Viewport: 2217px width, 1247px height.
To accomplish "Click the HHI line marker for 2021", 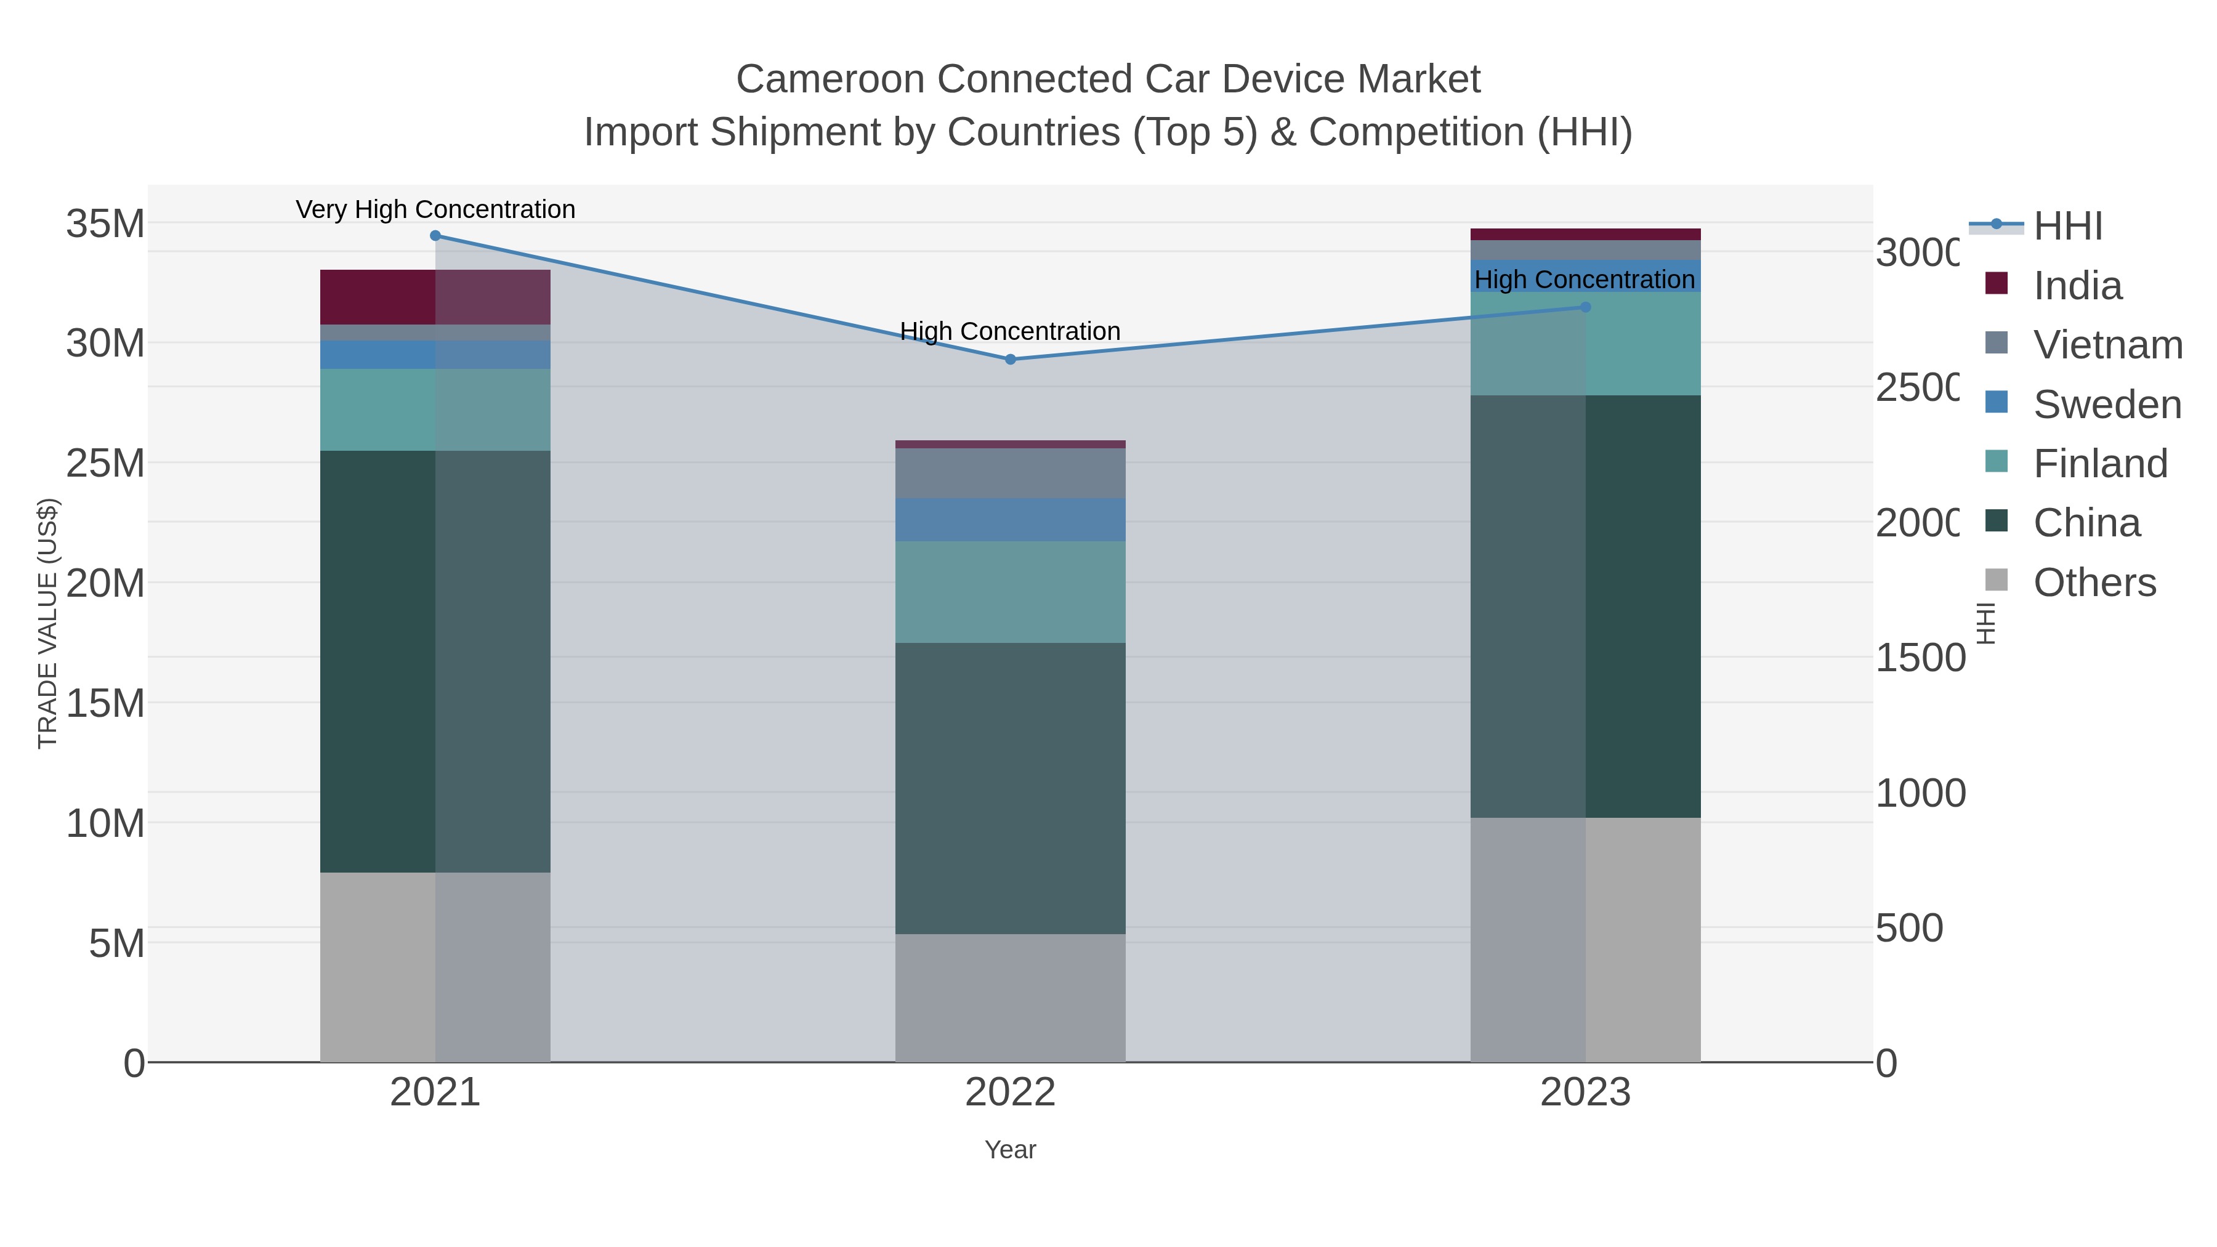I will (435, 236).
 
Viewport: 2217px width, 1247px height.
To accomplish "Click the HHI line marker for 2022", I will (1011, 360).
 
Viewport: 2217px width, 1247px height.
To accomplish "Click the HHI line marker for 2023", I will (1585, 307).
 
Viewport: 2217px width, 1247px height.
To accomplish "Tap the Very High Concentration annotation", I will (435, 209).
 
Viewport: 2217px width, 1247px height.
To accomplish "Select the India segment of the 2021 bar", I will (435, 297).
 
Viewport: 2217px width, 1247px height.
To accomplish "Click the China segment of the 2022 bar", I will (1011, 788).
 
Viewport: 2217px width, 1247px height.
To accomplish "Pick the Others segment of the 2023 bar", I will (1585, 939).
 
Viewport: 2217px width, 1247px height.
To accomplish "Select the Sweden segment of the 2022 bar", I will (1011, 520).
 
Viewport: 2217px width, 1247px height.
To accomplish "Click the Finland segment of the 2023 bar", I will (1585, 344).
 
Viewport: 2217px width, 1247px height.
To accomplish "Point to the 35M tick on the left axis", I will (105, 224).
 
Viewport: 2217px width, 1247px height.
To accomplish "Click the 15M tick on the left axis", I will (105, 703).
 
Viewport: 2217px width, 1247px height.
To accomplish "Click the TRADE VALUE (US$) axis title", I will (48, 623).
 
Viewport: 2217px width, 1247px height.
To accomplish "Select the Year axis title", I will (1011, 1150).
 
